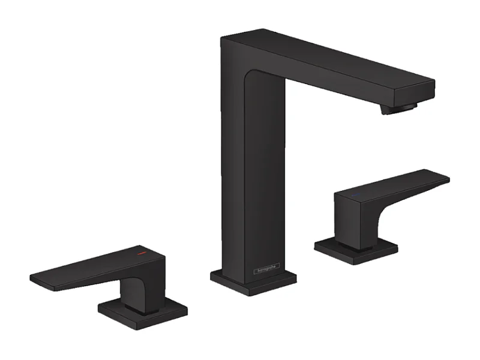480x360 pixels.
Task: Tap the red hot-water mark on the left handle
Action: pyautogui.click(x=142, y=255)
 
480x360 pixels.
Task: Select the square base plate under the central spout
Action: pyautogui.click(x=253, y=281)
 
